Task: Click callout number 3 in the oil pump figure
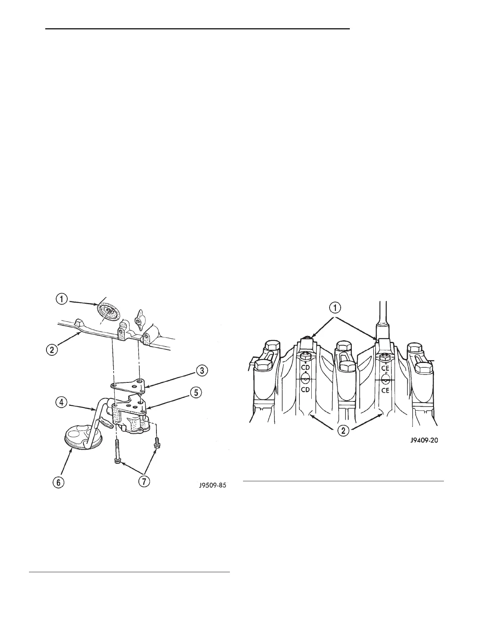coord(202,371)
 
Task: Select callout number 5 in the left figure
coord(196,392)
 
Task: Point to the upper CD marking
coord(305,367)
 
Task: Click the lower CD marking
coord(305,390)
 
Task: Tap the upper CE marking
coord(384,368)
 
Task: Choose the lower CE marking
coord(384,390)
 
